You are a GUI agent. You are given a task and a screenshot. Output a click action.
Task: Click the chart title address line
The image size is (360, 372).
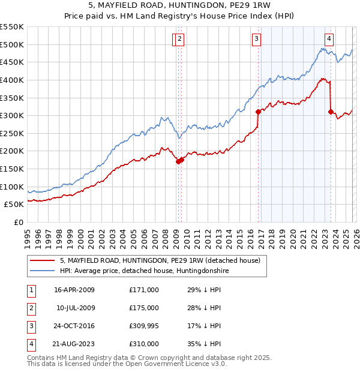coord(179,7)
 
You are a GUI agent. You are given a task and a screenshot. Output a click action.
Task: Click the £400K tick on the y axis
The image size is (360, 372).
coord(12,80)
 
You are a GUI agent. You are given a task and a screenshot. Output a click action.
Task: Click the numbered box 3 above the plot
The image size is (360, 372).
coord(256,40)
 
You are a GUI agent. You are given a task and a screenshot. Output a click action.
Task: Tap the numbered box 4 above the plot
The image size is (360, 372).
coord(329,40)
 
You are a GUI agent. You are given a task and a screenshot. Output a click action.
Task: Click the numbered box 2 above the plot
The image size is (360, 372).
coord(180,40)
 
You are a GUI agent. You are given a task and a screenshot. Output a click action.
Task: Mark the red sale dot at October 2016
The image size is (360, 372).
coord(258,112)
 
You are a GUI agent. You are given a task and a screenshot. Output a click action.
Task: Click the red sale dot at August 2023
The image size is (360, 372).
coord(331,112)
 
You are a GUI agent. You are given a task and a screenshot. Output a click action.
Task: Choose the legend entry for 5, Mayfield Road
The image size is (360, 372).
coord(160,260)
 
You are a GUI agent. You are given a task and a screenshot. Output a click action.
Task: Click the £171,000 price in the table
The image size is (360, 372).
coord(144,290)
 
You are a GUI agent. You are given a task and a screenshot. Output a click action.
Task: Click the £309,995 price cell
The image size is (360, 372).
coord(144,326)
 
